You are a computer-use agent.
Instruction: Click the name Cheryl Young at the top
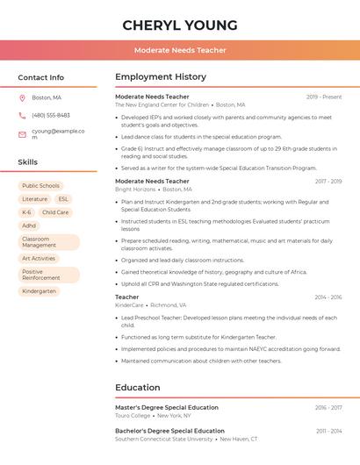tap(180, 25)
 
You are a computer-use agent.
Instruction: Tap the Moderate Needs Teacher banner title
tap(180, 50)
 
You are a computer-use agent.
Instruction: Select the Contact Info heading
tap(40, 77)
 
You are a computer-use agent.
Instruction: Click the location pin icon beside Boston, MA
tap(22, 97)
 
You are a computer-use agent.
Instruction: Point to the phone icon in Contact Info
tap(22, 115)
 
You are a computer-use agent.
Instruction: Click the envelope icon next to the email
tap(22, 134)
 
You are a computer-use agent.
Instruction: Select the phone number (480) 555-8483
tap(51, 115)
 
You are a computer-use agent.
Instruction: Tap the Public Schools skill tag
tap(40, 186)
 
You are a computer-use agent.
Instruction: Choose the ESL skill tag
tap(63, 199)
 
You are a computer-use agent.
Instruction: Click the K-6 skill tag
tap(26, 212)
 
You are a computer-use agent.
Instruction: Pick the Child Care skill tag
tap(55, 212)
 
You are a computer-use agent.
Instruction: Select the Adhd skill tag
tap(29, 225)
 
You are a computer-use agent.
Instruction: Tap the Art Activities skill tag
tap(39, 259)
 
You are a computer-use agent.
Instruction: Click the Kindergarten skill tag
tap(39, 291)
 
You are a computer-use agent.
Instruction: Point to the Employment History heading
tap(160, 77)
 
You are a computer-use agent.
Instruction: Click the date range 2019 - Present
tap(324, 97)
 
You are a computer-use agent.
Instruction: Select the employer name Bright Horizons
tap(135, 189)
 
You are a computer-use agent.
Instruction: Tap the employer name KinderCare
tap(129, 304)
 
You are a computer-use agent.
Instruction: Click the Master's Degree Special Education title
tap(167, 407)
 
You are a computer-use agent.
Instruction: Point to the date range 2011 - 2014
tap(328, 431)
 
